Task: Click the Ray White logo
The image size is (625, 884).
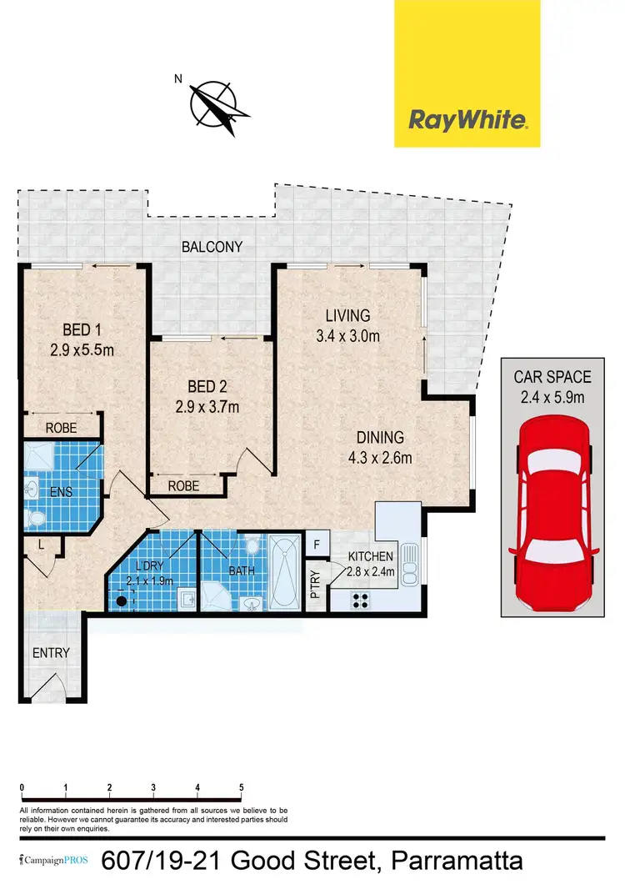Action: coord(467,120)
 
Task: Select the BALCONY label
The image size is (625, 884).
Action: coord(213,247)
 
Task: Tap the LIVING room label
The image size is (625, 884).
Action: coord(347,316)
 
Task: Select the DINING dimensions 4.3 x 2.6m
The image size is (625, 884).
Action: coord(379,457)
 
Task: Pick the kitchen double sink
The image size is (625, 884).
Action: coord(409,565)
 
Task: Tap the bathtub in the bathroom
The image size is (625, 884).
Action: coord(286,573)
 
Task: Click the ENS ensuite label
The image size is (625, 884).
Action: coord(61,491)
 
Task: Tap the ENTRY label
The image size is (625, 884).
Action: coord(52,653)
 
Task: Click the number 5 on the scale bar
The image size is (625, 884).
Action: coord(241,786)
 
